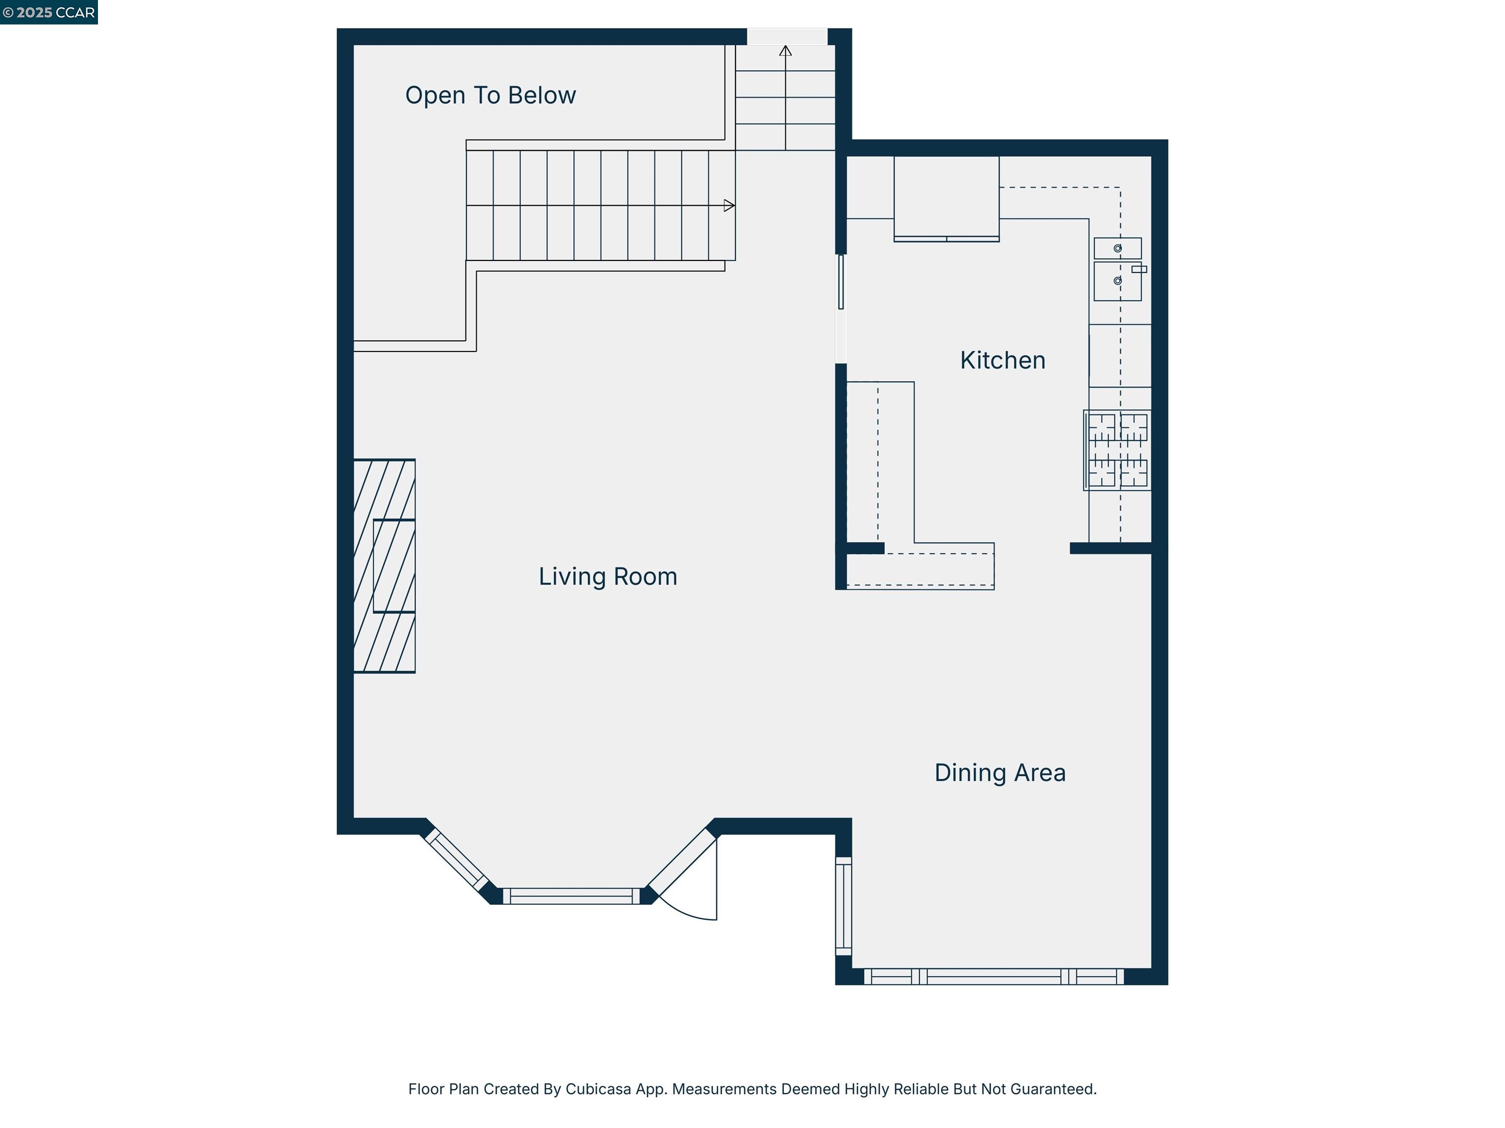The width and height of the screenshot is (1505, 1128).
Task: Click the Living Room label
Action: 607,577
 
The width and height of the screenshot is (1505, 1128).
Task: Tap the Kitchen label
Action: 1002,360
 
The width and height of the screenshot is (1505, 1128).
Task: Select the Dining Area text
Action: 999,773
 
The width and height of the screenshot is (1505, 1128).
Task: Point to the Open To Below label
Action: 490,95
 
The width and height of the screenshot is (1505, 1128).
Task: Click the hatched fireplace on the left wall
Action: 385,565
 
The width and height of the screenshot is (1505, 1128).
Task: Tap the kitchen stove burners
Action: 1117,450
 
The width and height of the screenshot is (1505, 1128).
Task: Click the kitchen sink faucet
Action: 1139,269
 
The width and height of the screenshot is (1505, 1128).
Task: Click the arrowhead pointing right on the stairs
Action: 728,205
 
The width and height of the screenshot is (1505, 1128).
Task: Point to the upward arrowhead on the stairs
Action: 785,51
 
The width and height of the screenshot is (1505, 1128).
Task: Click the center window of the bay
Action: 572,896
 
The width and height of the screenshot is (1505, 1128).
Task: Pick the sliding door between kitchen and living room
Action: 841,282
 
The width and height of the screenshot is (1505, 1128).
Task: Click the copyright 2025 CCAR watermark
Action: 49,12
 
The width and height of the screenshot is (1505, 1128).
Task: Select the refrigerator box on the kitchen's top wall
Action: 946,197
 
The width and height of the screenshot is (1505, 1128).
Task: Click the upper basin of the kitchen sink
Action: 1117,248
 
